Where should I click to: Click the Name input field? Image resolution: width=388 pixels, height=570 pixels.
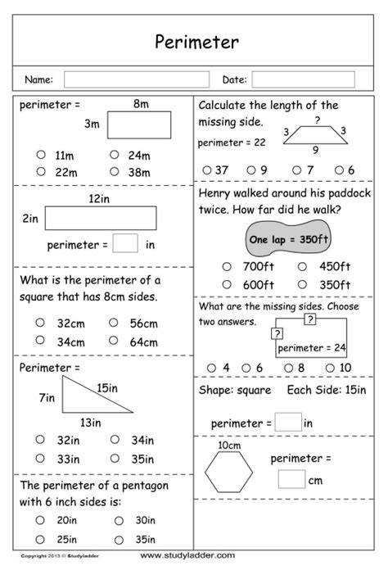[130, 79]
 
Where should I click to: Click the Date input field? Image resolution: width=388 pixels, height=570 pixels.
[303, 79]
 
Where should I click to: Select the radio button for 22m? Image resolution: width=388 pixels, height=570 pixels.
[40, 171]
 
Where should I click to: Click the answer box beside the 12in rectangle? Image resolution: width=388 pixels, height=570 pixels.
[125, 243]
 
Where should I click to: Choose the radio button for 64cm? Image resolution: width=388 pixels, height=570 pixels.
[114, 340]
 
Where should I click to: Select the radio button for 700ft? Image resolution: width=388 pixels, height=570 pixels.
[228, 267]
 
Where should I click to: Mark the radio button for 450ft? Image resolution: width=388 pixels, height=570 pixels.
[303, 267]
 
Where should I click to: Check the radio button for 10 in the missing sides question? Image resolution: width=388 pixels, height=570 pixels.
[329, 367]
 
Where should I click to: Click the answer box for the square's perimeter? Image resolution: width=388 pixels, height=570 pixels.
[288, 423]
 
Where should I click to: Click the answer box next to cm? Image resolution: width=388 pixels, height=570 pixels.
[291, 479]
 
